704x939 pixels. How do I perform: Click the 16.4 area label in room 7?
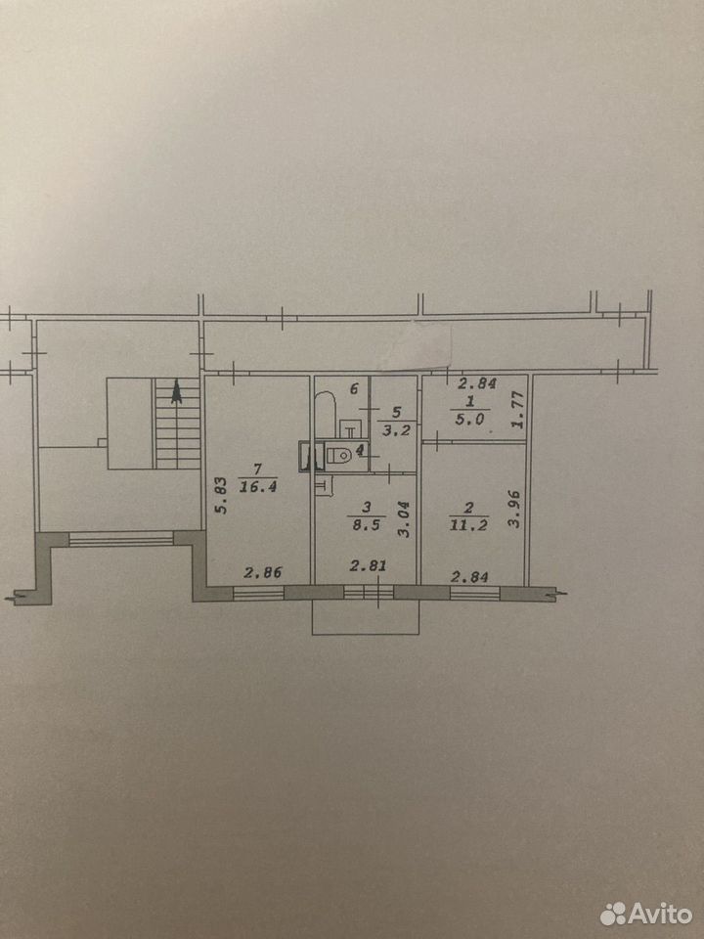click(258, 486)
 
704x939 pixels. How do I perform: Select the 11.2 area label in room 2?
click(468, 525)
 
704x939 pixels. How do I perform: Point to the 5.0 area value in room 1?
click(469, 420)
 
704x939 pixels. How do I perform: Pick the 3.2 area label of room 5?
click(396, 429)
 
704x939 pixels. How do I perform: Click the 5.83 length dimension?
click(221, 495)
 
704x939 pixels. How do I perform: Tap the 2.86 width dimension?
click(263, 572)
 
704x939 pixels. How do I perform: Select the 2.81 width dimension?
click(369, 565)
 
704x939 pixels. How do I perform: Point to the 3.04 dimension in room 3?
click(405, 518)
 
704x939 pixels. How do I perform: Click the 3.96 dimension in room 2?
click(513, 509)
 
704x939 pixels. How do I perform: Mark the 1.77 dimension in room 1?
click(518, 410)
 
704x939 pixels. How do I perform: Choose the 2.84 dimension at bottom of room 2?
click(469, 577)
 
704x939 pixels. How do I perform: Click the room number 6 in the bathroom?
click(354, 389)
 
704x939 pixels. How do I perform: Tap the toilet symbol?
click(339, 455)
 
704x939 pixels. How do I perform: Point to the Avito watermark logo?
click(645, 914)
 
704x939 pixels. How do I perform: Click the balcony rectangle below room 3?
click(366, 617)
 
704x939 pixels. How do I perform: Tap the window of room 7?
click(258, 594)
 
